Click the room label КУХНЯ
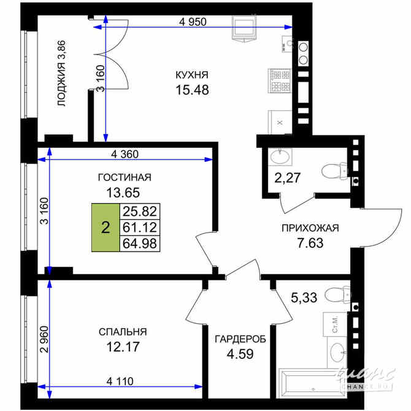(x=192, y=75)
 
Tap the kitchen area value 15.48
(x=192, y=90)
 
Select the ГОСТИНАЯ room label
(x=125, y=178)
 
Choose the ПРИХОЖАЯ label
(x=310, y=228)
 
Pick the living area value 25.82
(x=140, y=212)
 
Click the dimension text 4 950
(x=193, y=21)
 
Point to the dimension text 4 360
(x=125, y=154)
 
